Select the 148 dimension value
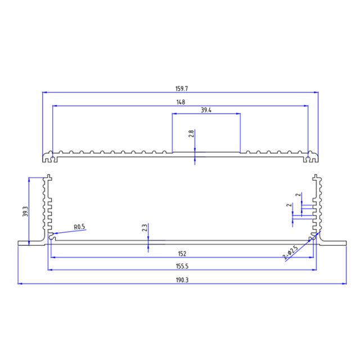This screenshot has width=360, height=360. point(181,102)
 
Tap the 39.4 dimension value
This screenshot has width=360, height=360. point(206,110)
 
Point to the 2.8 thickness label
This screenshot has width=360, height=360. point(191,134)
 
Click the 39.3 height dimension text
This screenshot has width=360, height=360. point(25,211)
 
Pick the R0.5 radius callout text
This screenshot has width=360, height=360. point(79,227)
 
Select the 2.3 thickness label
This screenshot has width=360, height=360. point(145,228)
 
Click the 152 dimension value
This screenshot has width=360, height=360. point(182,254)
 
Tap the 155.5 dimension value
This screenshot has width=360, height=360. point(182,267)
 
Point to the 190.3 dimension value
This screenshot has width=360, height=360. point(182,280)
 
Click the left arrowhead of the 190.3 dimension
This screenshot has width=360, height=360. point(20,284)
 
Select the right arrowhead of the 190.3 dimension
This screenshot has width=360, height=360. point(344,284)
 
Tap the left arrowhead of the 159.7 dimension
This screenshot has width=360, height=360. point(45,92)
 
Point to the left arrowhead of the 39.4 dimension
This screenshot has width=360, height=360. point(174,114)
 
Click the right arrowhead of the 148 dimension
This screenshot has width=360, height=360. point(307,105)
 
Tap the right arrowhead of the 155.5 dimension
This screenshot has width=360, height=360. point(316,271)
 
